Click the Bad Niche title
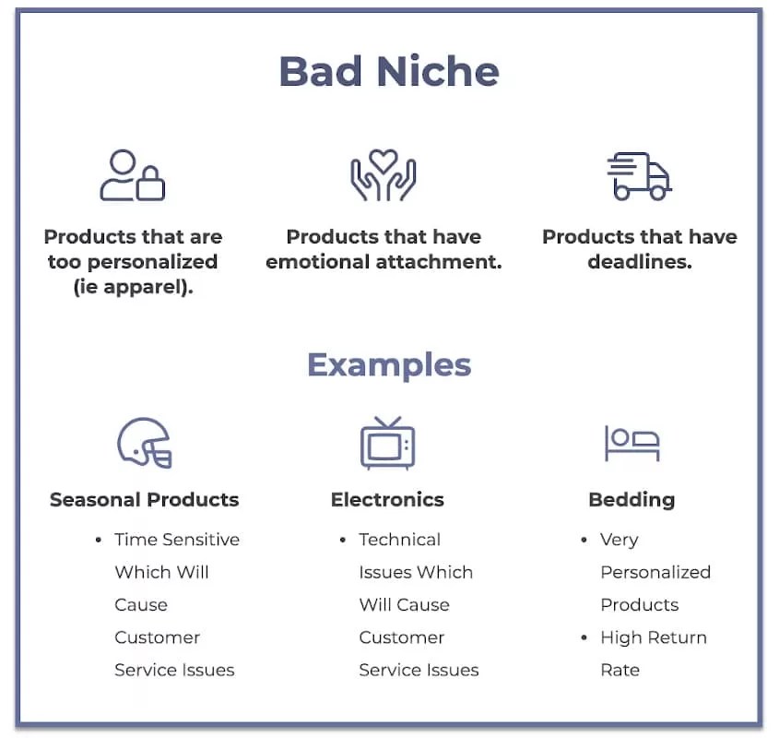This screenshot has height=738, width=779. point(389,71)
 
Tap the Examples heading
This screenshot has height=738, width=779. point(389,365)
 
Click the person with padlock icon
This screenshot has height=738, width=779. point(133,175)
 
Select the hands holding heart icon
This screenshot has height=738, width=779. point(384,175)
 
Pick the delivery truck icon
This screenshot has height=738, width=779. point(640,176)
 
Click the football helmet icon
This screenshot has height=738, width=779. point(145,443)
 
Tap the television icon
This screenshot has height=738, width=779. point(387,443)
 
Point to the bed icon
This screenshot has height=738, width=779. point(631,443)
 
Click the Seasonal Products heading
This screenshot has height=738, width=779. point(145,499)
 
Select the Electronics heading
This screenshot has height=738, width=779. point(387,499)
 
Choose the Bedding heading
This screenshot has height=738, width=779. point(631,500)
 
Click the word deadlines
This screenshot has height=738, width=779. point(640,262)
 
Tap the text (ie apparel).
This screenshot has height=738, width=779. point(133,287)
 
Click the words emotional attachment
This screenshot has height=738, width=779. point(384,262)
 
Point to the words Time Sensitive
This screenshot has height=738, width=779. point(177,540)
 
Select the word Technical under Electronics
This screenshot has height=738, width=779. point(400,540)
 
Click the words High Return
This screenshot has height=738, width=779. point(654,637)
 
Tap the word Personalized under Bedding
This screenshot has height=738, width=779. point(655,572)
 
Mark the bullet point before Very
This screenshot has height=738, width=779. point(584,540)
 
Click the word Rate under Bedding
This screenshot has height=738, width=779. point(620,671)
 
